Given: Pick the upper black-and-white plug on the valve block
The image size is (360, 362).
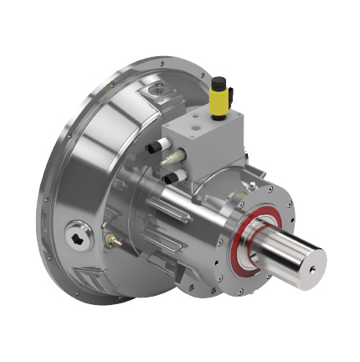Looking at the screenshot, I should point(155,148).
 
